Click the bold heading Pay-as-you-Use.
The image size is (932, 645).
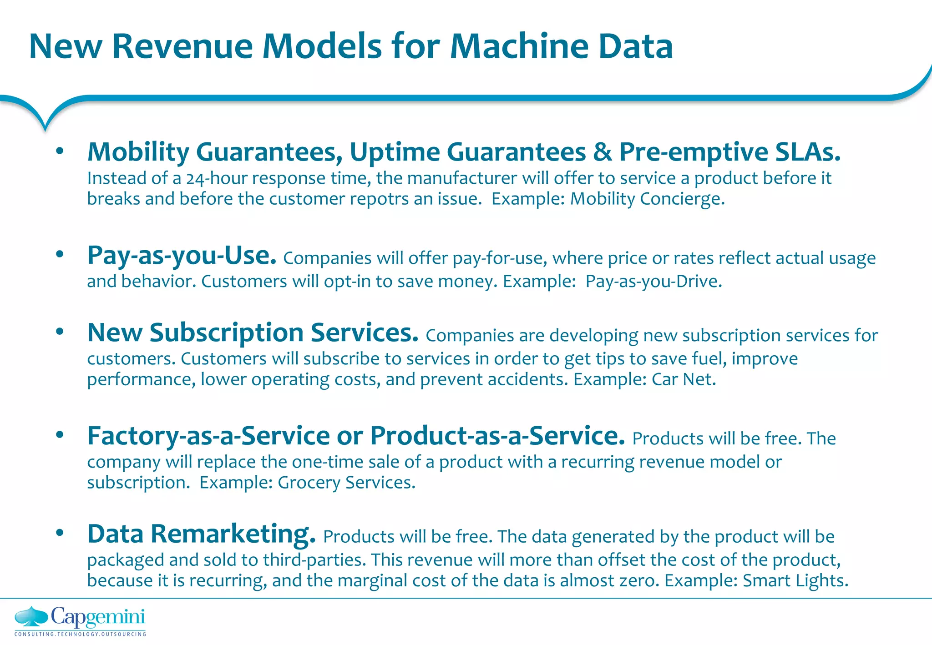(x=182, y=255)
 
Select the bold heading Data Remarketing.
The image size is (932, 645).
(x=201, y=534)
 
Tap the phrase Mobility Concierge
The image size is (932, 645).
(x=647, y=199)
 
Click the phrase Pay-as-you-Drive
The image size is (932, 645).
(x=653, y=282)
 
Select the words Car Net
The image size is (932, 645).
(x=684, y=379)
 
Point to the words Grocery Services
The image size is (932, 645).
(x=346, y=483)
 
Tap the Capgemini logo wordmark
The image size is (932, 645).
(x=98, y=617)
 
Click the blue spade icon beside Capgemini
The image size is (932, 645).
(x=31, y=617)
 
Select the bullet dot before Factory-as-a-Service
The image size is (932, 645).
(x=60, y=435)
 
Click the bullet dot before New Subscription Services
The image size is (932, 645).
(x=60, y=332)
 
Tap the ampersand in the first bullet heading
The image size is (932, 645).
(x=602, y=152)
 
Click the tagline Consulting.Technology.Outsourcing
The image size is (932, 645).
(x=80, y=634)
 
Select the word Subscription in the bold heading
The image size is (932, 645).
(x=226, y=333)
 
